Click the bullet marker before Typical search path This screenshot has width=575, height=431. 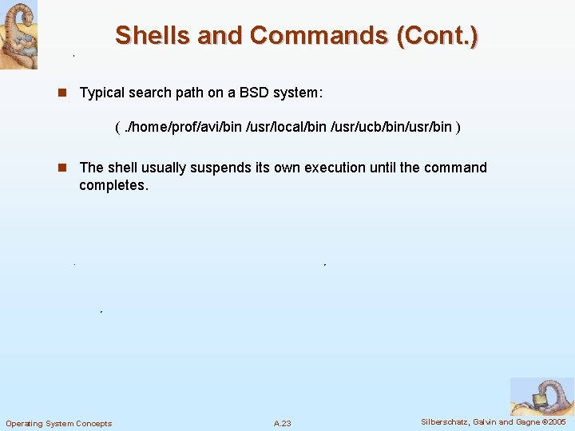coord(61,93)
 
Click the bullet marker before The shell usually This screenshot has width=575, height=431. coord(61,168)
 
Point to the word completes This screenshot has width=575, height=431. coord(113,185)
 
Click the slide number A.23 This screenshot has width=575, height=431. coord(282,423)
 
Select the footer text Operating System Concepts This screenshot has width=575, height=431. coord(59,423)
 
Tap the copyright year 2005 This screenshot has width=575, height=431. coord(555,421)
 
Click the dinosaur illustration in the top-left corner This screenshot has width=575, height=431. coord(18,34)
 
